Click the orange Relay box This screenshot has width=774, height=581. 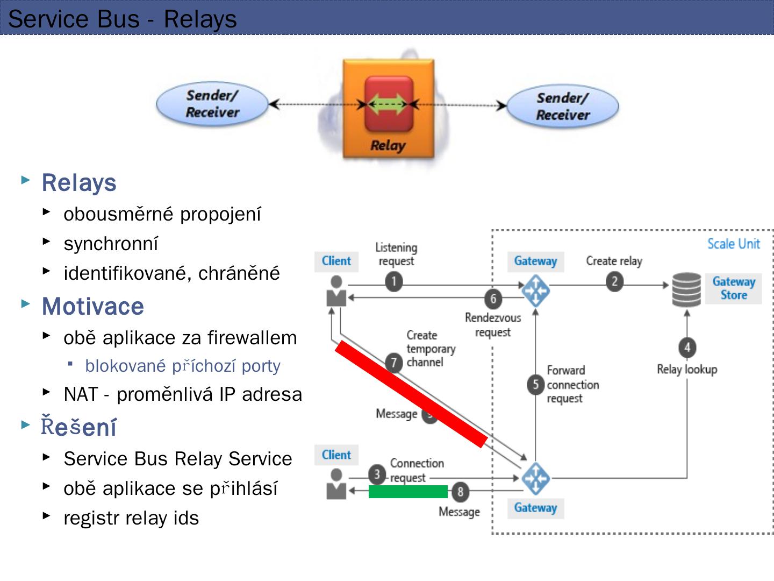pyautogui.click(x=388, y=109)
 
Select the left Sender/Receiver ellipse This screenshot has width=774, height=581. pyautogui.click(x=212, y=104)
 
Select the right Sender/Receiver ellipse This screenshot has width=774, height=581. pyautogui.click(x=562, y=107)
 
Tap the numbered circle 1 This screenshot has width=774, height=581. pyautogui.click(x=393, y=281)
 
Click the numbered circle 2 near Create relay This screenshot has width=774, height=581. pyautogui.click(x=614, y=281)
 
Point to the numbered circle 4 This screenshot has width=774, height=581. pyautogui.click(x=687, y=347)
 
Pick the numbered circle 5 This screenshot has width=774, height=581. pyautogui.click(x=535, y=384)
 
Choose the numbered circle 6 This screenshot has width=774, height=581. pyautogui.click(x=493, y=298)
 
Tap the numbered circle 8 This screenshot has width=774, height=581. pyautogui.click(x=460, y=491)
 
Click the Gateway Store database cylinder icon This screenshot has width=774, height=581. pyautogui.click(x=686, y=289)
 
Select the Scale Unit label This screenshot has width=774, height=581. pyautogui.click(x=733, y=244)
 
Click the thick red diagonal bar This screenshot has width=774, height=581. pyautogui.click(x=411, y=394)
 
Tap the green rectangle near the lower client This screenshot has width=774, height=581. pyautogui.click(x=408, y=491)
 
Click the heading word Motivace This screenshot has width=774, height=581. pyautogui.click(x=93, y=307)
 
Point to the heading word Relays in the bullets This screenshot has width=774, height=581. pyautogui.click(x=79, y=183)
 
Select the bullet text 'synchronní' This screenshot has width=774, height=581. pyautogui.click(x=111, y=244)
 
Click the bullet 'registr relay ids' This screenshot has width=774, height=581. pyautogui.click(x=131, y=518)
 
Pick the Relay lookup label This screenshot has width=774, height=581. pyautogui.click(x=687, y=370)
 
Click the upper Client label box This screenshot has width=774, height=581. pyautogui.click(x=336, y=261)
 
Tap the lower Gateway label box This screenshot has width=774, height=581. pyautogui.click(x=535, y=508)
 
